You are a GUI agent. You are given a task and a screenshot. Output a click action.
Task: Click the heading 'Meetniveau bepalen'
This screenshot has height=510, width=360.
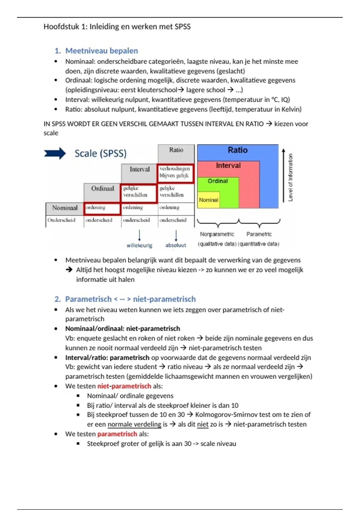click(101, 51)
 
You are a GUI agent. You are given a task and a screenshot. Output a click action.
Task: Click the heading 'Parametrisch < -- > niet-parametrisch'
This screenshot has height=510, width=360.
click(130, 299)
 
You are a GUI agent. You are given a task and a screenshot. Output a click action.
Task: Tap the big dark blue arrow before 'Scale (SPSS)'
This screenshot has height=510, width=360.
click(55, 153)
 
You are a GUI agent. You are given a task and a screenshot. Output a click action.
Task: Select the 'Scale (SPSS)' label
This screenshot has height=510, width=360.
click(100, 153)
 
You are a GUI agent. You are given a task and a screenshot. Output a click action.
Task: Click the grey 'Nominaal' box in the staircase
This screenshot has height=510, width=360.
click(65, 208)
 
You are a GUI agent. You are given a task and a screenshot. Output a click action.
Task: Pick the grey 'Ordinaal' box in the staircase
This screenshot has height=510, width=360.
click(103, 188)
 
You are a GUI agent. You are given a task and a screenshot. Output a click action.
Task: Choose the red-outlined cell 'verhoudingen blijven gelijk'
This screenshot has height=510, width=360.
click(175, 172)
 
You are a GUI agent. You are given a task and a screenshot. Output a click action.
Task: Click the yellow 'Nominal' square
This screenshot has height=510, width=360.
click(208, 200)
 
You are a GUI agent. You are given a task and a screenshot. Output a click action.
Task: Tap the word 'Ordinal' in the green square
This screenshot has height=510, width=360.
click(218, 181)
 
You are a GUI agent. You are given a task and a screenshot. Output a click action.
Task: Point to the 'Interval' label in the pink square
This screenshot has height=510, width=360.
click(228, 165)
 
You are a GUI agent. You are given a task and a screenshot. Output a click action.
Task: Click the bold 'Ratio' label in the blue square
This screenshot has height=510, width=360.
click(238, 150)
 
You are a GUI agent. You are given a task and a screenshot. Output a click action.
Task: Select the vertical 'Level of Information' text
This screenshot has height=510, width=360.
click(290, 177)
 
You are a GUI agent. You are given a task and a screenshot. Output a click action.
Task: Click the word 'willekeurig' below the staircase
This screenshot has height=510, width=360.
click(139, 245)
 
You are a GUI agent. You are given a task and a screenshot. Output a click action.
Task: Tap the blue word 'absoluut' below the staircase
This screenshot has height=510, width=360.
click(176, 245)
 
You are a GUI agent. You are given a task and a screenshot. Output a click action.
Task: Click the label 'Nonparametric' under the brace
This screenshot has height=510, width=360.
click(217, 234)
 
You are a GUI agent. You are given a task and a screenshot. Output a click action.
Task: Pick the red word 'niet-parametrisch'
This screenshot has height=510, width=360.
click(124, 386)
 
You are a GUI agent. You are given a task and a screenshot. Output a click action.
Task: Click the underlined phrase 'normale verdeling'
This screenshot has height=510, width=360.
click(134, 424)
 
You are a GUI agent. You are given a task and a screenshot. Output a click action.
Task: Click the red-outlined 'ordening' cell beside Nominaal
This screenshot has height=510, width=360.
click(102, 208)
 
